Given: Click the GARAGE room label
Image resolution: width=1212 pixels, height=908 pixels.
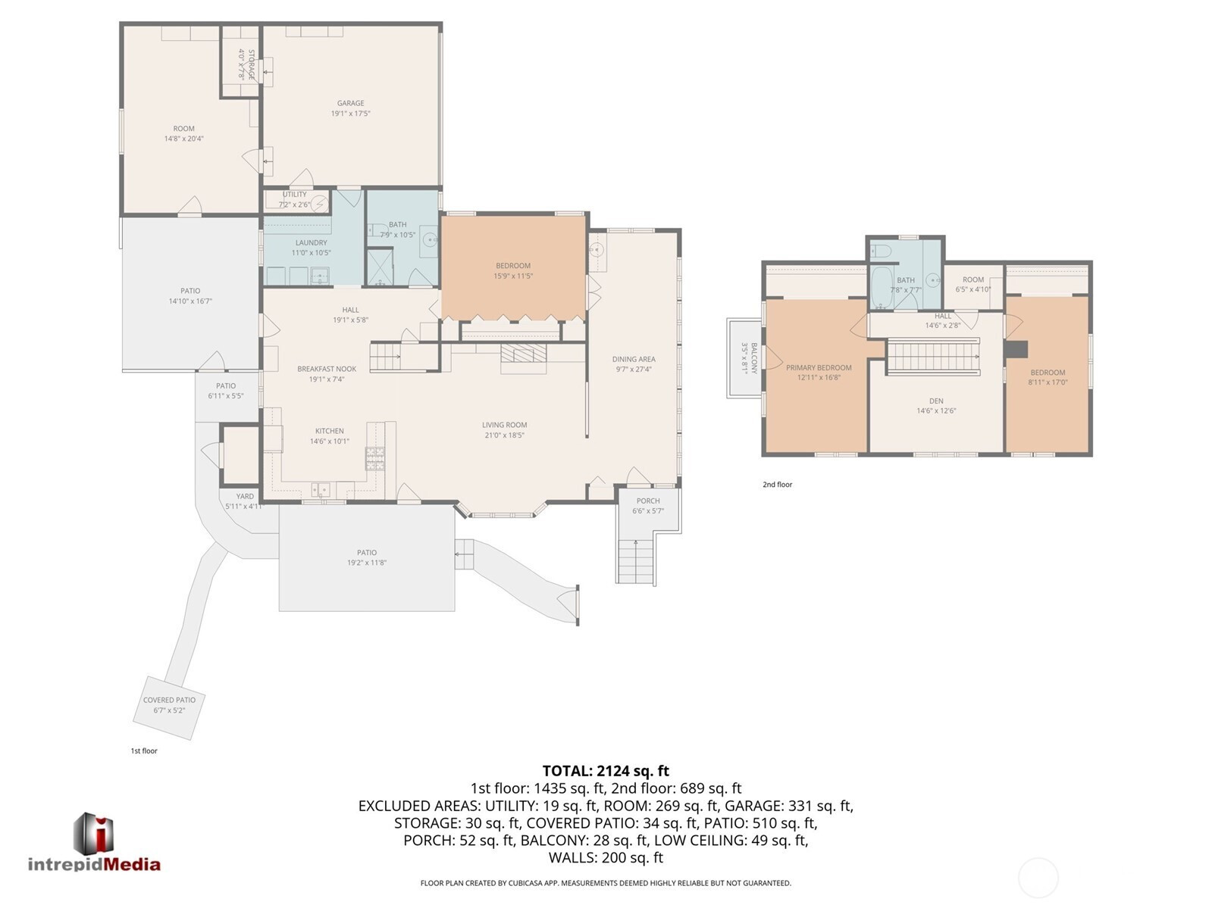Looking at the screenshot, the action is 351,103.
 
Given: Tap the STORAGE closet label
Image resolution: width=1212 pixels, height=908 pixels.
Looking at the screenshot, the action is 251,64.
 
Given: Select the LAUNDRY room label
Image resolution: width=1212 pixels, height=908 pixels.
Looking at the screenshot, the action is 311,243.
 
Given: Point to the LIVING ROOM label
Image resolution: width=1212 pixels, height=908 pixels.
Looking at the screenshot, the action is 504,425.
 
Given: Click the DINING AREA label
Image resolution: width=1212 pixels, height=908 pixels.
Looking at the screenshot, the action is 634,359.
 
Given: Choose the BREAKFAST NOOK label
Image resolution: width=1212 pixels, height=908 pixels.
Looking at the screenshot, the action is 327,369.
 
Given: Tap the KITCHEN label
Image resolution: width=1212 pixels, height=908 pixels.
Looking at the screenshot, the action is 329,431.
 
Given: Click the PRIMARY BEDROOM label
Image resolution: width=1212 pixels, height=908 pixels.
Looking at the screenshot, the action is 819,367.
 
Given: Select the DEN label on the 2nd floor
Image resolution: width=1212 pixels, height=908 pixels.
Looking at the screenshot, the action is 936,401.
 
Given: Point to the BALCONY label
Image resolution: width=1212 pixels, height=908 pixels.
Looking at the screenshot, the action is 753,358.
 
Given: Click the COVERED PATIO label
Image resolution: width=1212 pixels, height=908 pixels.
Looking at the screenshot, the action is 169,700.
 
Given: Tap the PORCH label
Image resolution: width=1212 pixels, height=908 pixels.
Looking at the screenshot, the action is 647,501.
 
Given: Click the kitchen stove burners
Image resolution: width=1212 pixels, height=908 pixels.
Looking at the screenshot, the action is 375,458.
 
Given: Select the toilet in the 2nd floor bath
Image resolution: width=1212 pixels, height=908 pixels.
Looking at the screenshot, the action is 880,251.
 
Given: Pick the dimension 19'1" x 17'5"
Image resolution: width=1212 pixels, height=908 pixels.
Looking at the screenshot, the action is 351,114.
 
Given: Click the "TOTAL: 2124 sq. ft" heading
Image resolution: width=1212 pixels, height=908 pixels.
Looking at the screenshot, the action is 606,771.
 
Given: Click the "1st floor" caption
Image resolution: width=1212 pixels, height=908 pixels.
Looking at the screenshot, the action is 144,750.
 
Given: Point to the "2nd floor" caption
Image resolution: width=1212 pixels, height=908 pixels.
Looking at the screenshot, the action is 778,485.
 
